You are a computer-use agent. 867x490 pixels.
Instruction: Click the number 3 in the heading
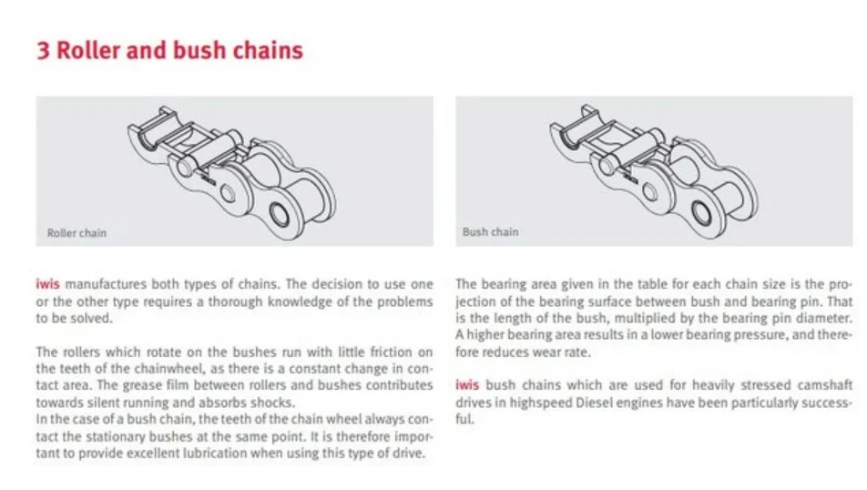pyautogui.click(x=43, y=50)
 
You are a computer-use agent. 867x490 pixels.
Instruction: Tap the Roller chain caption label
pyautogui.click(x=76, y=233)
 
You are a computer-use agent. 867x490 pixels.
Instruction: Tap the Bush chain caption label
pyautogui.click(x=490, y=232)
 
